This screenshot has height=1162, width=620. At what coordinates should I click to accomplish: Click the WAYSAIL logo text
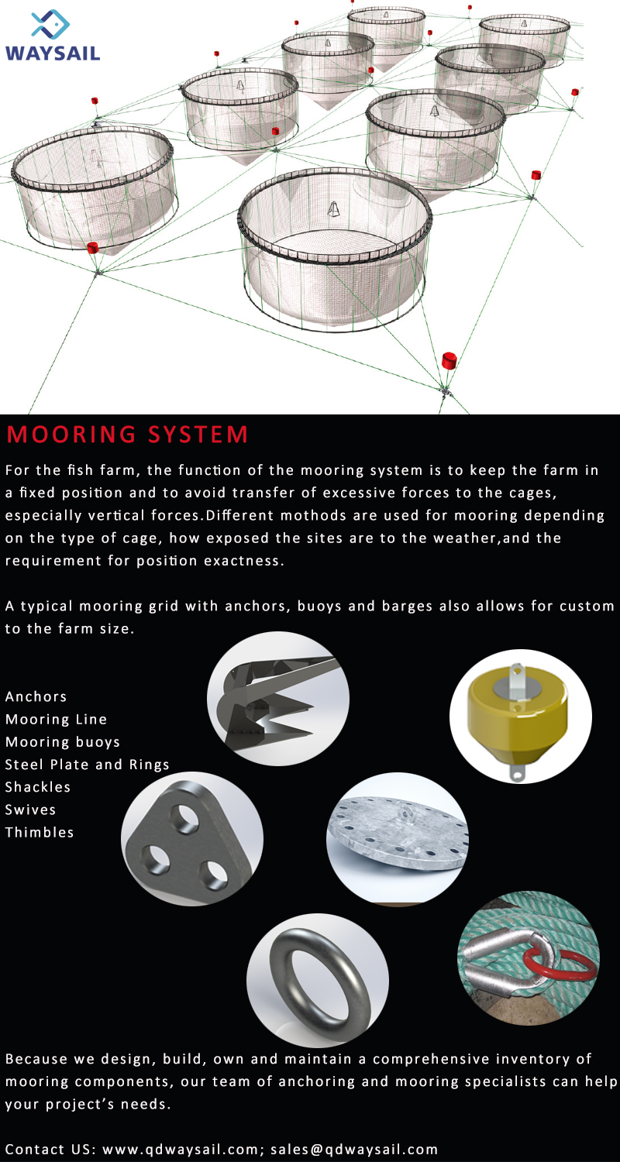[x=52, y=53]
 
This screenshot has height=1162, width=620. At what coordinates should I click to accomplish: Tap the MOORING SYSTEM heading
[x=128, y=435]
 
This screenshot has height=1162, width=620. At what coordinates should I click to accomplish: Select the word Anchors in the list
[x=36, y=696]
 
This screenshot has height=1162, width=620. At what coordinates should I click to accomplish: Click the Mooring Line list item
[x=57, y=719]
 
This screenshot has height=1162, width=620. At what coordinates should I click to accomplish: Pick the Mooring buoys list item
[x=63, y=741]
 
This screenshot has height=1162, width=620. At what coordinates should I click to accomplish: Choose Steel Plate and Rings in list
[x=88, y=765]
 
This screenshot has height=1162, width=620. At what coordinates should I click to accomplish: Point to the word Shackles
[x=38, y=787]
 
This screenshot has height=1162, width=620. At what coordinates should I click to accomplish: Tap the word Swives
[x=31, y=810]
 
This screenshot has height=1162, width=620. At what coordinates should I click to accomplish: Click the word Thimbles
[x=40, y=832]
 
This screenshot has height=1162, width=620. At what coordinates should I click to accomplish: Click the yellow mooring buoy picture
[x=520, y=717]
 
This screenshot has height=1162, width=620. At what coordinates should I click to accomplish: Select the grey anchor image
[x=277, y=702]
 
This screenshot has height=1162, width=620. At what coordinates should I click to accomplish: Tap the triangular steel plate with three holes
[x=191, y=838]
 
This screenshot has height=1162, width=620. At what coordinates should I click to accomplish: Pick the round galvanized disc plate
[x=398, y=837]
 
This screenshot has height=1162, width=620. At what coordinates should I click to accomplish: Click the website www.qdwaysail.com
[x=184, y=1149]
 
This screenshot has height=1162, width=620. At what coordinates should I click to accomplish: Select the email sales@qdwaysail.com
[x=354, y=1149]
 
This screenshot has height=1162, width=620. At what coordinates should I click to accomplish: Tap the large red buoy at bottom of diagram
[x=449, y=360]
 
